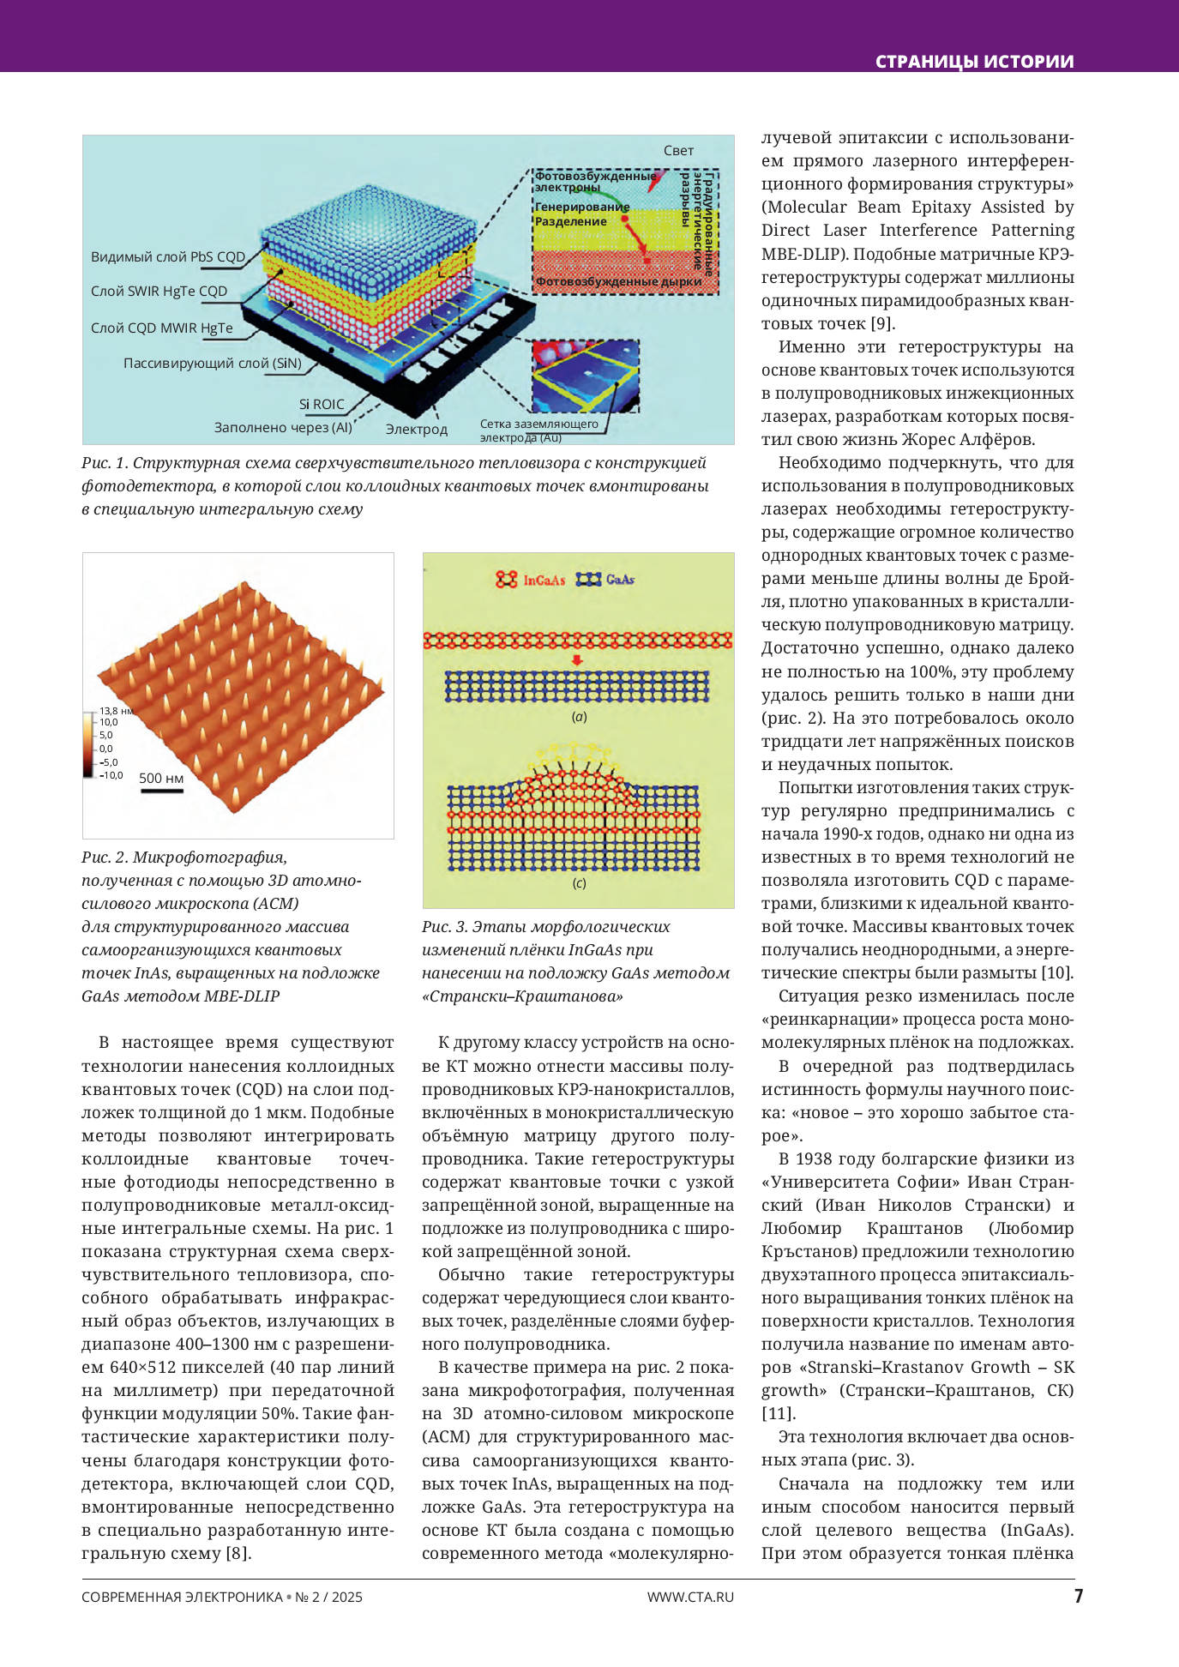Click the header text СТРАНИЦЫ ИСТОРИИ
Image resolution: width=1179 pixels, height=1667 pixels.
click(974, 62)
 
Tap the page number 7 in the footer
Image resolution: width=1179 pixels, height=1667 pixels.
click(1079, 1596)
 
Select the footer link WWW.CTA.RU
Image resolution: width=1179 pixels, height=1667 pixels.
click(690, 1597)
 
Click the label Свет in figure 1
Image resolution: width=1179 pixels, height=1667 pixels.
click(678, 151)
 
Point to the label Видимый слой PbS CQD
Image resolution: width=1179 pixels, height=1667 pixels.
click(168, 256)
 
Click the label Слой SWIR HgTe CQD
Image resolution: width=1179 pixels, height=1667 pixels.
click(159, 292)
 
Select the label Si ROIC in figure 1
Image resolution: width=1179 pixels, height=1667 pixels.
click(322, 405)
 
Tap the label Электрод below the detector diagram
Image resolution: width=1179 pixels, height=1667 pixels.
click(416, 429)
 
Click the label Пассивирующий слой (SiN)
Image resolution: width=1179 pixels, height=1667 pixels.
click(213, 364)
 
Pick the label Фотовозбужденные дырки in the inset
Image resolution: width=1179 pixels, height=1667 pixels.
click(618, 281)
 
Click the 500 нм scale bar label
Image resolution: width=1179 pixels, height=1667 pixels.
click(161, 779)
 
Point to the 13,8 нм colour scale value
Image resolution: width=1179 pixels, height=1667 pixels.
click(115, 711)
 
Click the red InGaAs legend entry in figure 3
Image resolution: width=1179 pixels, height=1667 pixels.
click(531, 580)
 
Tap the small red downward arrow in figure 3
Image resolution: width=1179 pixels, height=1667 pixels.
click(577, 659)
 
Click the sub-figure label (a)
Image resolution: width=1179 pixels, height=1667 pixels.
click(580, 717)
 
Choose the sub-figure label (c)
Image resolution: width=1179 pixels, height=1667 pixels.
click(580, 883)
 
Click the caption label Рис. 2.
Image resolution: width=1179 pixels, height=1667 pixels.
click(104, 858)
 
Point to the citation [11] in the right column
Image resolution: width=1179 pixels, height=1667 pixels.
click(779, 1413)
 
